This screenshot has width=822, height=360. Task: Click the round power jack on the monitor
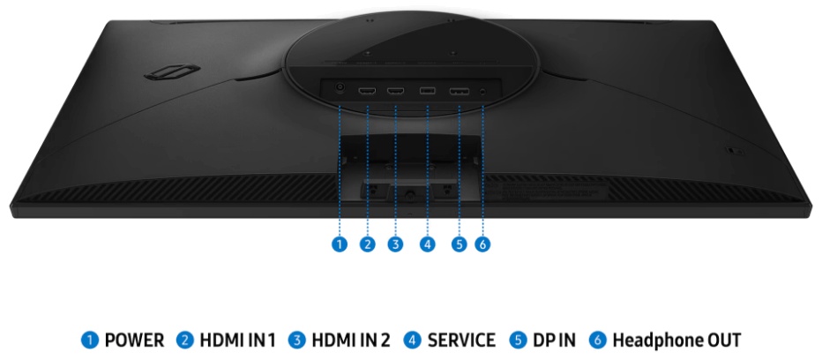[x=340, y=88]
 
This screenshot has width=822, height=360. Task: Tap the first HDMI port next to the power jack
[x=367, y=91]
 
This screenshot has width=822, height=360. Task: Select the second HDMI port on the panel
[x=395, y=91]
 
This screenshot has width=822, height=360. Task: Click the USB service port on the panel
[x=427, y=91]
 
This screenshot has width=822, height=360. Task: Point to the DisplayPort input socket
[x=460, y=92]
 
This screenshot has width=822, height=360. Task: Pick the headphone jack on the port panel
[x=482, y=91]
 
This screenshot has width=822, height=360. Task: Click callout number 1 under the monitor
[x=340, y=244]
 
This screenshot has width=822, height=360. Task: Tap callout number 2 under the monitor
[x=368, y=244]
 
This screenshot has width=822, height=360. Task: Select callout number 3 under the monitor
[x=395, y=244]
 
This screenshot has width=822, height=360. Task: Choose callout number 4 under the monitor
[x=427, y=244]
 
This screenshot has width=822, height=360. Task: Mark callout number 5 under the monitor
[x=460, y=244]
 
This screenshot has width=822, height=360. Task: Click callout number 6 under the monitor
[x=482, y=244]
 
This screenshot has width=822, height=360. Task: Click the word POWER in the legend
[x=134, y=340]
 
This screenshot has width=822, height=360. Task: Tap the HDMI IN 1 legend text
[x=237, y=340]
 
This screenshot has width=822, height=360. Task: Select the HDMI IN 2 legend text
[x=351, y=340]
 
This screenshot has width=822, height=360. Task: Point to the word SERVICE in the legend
[x=461, y=340]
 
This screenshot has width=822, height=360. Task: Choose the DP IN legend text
[x=554, y=340]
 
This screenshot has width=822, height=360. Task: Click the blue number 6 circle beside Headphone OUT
[x=596, y=340]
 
